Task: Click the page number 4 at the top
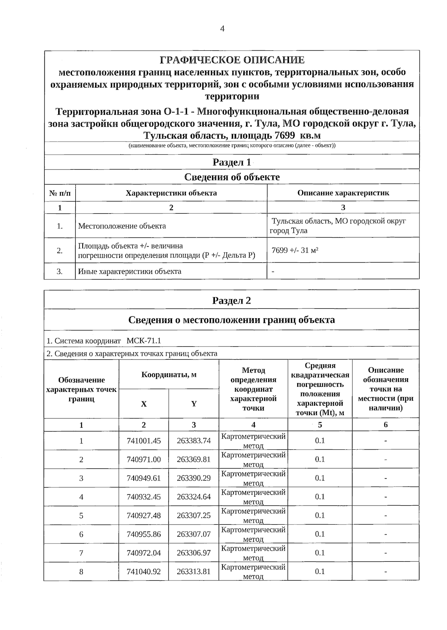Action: click(222, 29)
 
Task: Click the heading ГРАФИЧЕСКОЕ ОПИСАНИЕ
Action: click(232, 60)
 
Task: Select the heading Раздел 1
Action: click(232, 162)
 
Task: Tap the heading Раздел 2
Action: click(232, 301)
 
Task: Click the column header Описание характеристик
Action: click(343, 193)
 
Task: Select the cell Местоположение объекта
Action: click(122, 226)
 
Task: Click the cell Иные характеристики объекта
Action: click(130, 271)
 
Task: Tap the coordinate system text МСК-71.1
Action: click(144, 341)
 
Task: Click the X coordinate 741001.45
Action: click(144, 441)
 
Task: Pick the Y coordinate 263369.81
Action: click(194, 459)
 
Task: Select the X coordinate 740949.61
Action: click(144, 478)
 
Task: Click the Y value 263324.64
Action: click(194, 497)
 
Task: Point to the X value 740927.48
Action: click(144, 515)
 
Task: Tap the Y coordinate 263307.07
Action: click(194, 534)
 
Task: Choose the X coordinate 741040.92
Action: click(144, 572)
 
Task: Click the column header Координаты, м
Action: click(169, 374)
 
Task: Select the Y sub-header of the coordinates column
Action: click(194, 404)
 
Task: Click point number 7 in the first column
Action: click(81, 553)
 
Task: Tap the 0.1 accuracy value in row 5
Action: click(320, 515)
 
